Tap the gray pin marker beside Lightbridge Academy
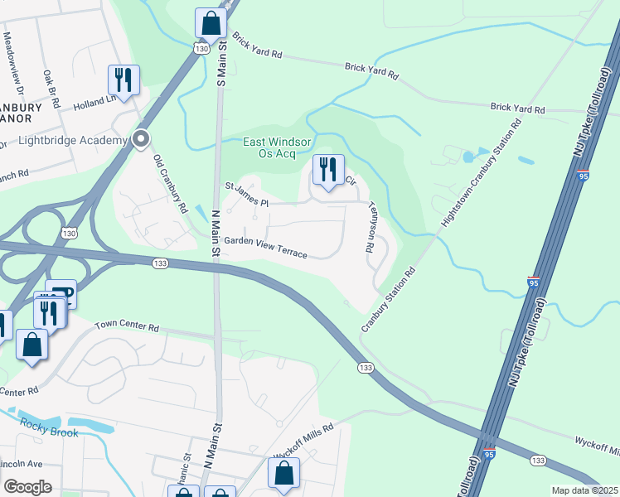pyautogui.click(x=141, y=139)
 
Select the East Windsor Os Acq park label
pyautogui.click(x=277, y=147)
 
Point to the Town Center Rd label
pyautogui.click(x=126, y=327)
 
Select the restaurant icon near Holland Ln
pyautogui.click(x=124, y=80)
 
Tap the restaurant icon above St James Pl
pyautogui.click(x=328, y=170)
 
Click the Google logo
pyautogui.click(x=27, y=487)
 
